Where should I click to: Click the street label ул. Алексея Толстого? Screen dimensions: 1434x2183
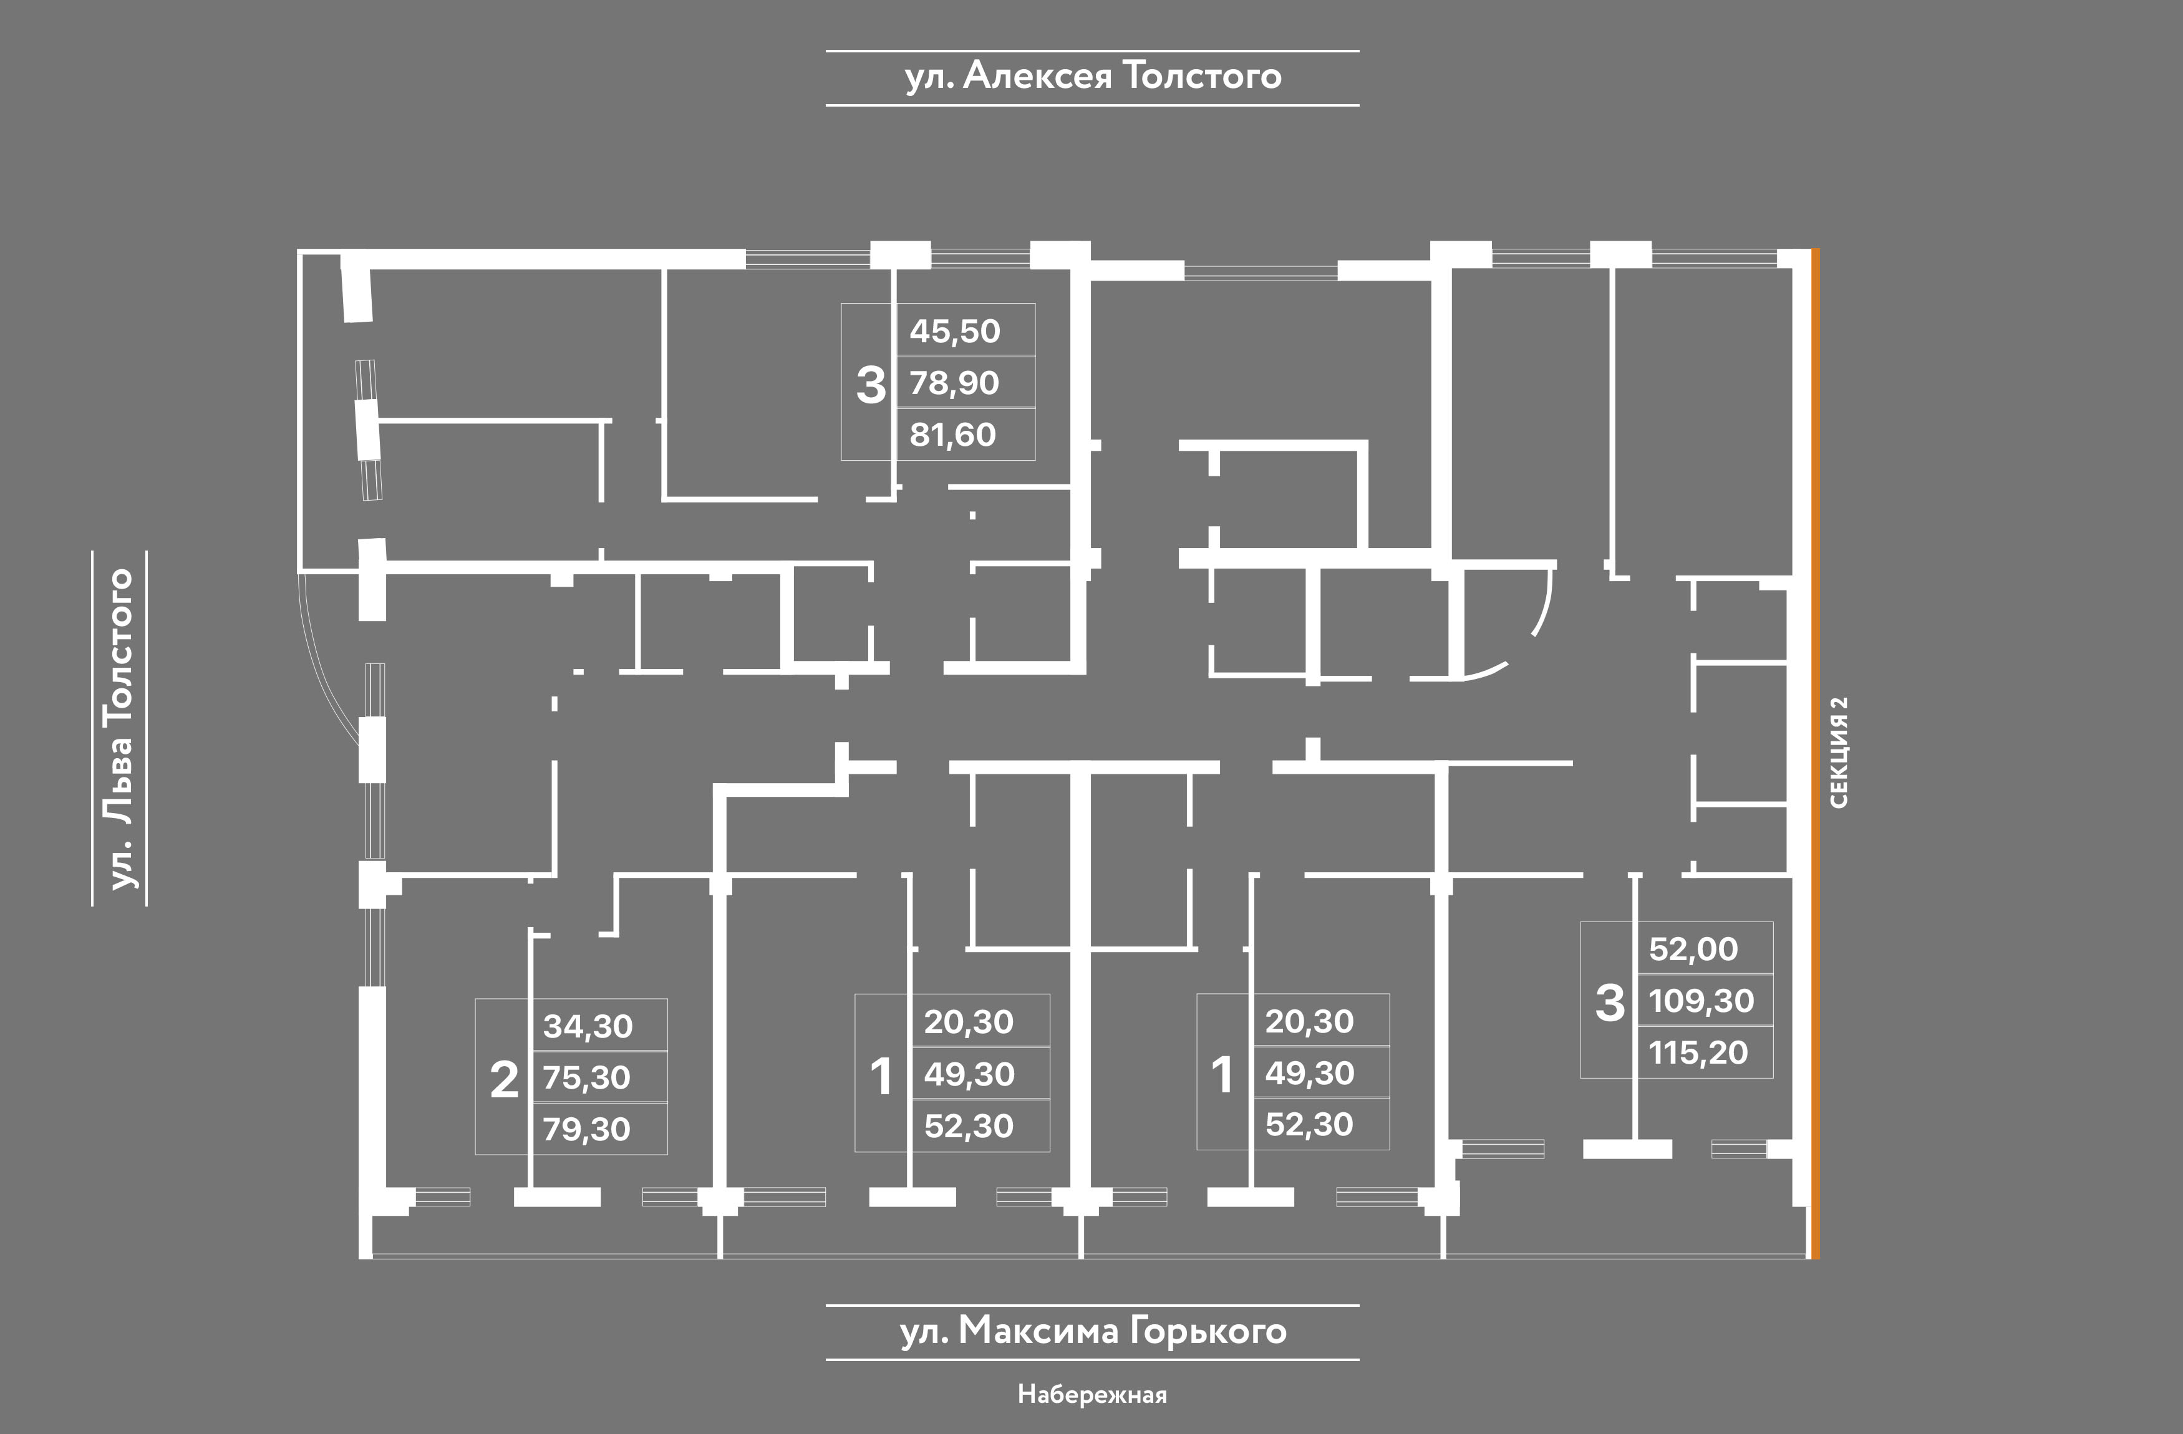pos(1092,76)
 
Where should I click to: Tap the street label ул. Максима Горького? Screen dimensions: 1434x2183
pos(1092,1331)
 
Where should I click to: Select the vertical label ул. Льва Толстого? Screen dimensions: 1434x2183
pos(120,729)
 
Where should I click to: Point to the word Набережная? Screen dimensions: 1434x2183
pos(1091,1395)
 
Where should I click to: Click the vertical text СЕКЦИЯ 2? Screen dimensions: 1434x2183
pos(1838,752)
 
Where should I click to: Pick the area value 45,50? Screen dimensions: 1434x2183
pos(955,331)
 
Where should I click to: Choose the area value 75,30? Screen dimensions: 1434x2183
pos(586,1077)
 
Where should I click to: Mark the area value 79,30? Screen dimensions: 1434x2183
pos(586,1128)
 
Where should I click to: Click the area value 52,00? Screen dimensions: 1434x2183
pos(1693,949)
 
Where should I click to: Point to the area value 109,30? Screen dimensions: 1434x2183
pos(1701,1000)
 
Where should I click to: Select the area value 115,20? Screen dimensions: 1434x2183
pos(1699,1052)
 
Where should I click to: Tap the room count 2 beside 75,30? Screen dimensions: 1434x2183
pos(505,1080)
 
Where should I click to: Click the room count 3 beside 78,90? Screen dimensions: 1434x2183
pos(871,385)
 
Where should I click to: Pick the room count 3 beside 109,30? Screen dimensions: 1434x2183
pos(1610,1003)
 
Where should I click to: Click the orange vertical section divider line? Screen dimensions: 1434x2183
pos(1815,752)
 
